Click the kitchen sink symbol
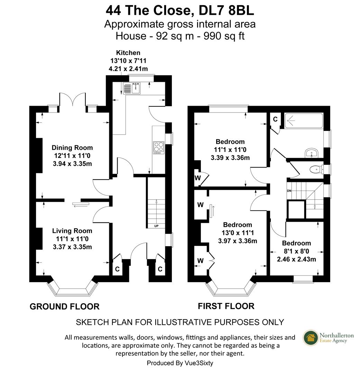131,88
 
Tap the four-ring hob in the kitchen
159,147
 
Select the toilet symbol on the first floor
315,169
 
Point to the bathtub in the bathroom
303,121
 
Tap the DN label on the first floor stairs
289,191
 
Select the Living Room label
72,231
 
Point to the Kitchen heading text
128,53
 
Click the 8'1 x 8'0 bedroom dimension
296,251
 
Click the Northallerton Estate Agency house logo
311,337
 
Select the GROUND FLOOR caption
64,306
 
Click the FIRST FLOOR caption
226,306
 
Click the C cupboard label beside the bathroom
275,119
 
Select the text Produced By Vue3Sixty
182,363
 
